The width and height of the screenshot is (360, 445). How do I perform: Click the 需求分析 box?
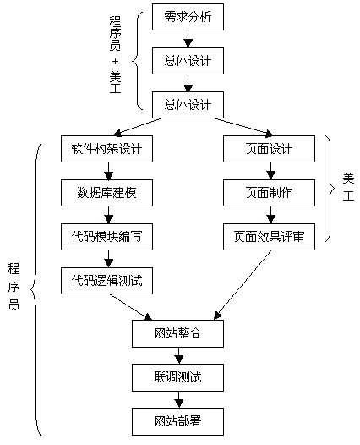188,15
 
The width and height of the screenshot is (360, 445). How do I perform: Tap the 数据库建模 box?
107,194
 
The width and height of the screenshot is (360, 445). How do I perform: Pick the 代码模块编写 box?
107,238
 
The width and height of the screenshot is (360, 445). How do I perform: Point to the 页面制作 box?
270,194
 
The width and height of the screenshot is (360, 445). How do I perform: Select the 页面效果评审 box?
270,238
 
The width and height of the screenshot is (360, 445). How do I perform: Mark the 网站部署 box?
178,419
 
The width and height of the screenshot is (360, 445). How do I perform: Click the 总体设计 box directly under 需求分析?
188,60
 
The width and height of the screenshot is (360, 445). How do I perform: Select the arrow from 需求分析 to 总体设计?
188,38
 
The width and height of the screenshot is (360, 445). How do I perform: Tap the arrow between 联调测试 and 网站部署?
178,398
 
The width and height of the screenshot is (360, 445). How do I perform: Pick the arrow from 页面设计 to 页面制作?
270,171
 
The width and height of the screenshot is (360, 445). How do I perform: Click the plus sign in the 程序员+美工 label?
116,60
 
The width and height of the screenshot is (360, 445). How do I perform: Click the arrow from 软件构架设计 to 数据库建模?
107,171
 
